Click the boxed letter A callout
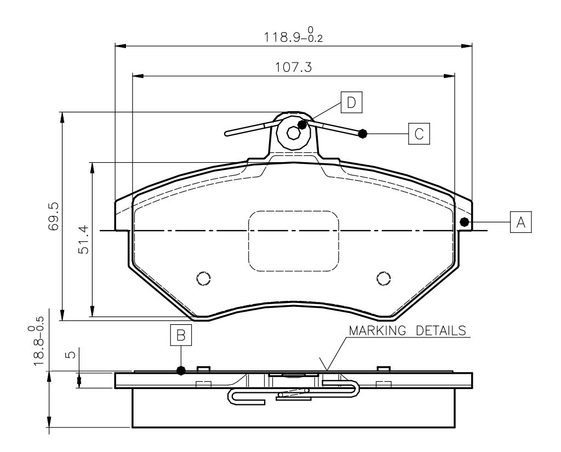(520, 221)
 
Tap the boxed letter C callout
(419, 133)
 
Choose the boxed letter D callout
(351, 102)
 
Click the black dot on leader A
(465, 222)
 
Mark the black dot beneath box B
(181, 370)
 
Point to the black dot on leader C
(362, 133)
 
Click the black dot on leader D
(302, 124)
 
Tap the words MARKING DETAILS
(408, 331)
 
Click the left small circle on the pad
(204, 278)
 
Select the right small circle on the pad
(383, 278)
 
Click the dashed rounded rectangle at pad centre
(294, 241)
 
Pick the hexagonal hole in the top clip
(294, 132)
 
